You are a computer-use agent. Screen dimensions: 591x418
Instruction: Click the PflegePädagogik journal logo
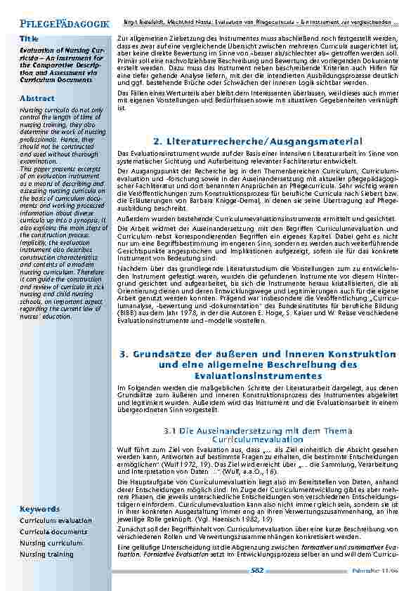(63, 25)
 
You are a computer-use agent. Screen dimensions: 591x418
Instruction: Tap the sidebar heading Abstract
(37, 98)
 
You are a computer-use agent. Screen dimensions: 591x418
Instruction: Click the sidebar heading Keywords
(39, 508)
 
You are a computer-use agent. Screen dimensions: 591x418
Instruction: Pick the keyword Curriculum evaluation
(55, 521)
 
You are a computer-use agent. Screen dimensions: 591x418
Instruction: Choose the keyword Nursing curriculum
(51, 543)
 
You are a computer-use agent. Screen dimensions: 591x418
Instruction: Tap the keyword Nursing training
(46, 555)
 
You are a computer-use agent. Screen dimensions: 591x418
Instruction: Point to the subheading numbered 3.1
(257, 434)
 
